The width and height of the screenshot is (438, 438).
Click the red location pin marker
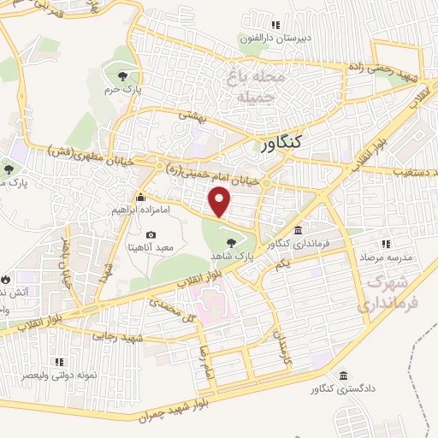(220, 203)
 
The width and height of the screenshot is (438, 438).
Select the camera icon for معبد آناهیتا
(151, 234)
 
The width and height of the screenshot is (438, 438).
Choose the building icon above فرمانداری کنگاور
(297, 231)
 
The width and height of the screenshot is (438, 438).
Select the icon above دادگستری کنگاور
(344, 376)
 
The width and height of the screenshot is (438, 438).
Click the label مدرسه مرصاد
(390, 257)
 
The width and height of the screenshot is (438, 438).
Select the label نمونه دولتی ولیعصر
(59, 375)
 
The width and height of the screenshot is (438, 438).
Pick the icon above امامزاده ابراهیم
(142, 196)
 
